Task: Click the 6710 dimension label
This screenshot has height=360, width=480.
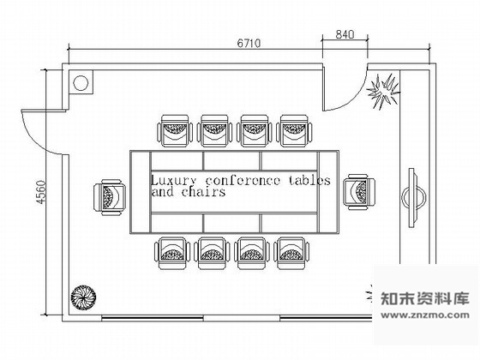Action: tap(249, 43)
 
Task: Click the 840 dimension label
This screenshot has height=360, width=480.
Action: tap(345, 34)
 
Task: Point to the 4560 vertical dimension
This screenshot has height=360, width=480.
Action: tap(41, 192)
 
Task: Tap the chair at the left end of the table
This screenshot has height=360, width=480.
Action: tap(110, 197)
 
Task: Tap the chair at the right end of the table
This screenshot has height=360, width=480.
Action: tap(359, 192)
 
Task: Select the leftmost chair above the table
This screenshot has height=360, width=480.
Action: tap(175, 130)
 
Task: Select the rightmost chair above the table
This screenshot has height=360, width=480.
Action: tap(295, 130)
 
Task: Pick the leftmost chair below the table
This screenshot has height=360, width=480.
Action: tap(172, 253)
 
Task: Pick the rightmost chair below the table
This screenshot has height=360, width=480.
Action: tap(291, 253)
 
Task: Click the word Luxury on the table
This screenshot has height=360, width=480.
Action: tap(173, 181)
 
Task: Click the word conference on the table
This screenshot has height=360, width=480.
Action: tap(243, 181)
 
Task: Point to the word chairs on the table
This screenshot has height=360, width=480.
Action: tap(204, 192)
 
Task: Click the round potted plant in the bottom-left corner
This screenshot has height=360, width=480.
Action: tap(83, 297)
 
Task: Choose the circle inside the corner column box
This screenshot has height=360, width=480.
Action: tap(81, 83)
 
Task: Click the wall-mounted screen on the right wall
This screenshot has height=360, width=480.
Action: tap(413, 198)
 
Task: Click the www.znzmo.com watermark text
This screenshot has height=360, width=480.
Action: tap(425, 315)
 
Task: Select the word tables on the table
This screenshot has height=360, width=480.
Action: tap(309, 181)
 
